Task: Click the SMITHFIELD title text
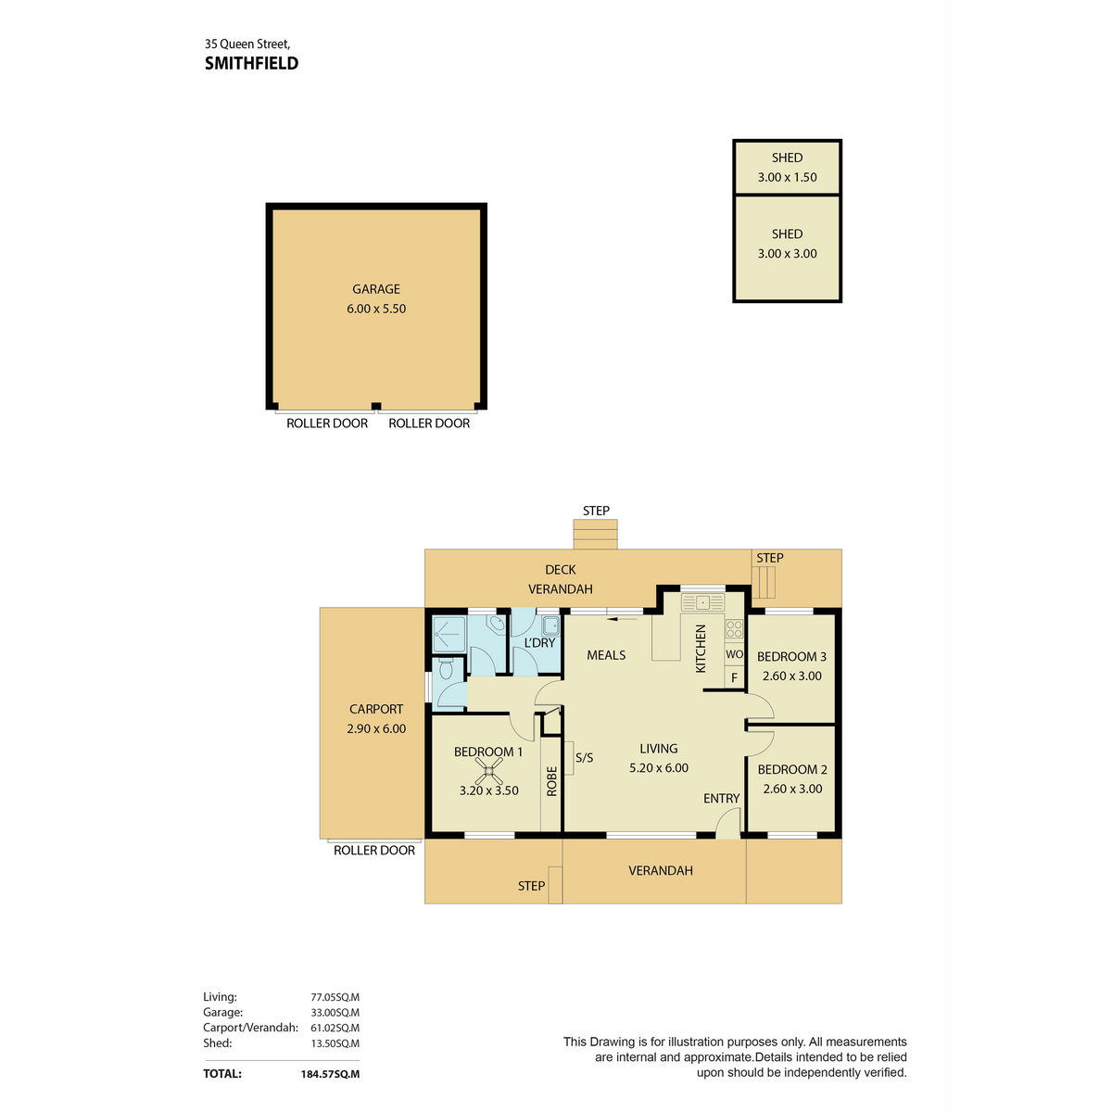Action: pyautogui.click(x=252, y=64)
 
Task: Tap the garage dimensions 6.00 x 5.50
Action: pyautogui.click(x=376, y=309)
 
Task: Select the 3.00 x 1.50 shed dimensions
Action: pyautogui.click(x=787, y=177)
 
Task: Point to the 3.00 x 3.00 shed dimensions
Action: pyautogui.click(x=787, y=253)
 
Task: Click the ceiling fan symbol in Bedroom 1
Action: pyautogui.click(x=488, y=770)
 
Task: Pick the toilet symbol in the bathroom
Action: pyautogui.click(x=446, y=668)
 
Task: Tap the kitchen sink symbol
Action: pyautogui.click(x=702, y=602)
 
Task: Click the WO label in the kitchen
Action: pyautogui.click(x=734, y=654)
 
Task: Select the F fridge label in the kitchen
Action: pyautogui.click(x=734, y=678)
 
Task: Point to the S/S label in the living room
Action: pyautogui.click(x=584, y=758)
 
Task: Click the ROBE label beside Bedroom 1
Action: pyautogui.click(x=551, y=781)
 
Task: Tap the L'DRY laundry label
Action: pyautogui.click(x=539, y=643)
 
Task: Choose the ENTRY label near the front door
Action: pyautogui.click(x=721, y=798)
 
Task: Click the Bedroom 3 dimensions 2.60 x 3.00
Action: pyautogui.click(x=791, y=676)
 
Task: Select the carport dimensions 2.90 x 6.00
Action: pyautogui.click(x=376, y=728)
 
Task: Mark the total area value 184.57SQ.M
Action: pyautogui.click(x=330, y=1074)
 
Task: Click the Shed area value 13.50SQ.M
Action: pyautogui.click(x=335, y=1042)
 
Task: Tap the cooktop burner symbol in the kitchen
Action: pyautogui.click(x=734, y=629)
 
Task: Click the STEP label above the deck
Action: pyautogui.click(x=596, y=511)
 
